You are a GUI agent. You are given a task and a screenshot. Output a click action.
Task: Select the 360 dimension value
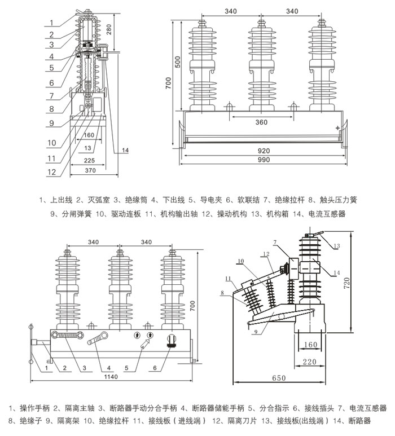[x=261, y=122]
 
